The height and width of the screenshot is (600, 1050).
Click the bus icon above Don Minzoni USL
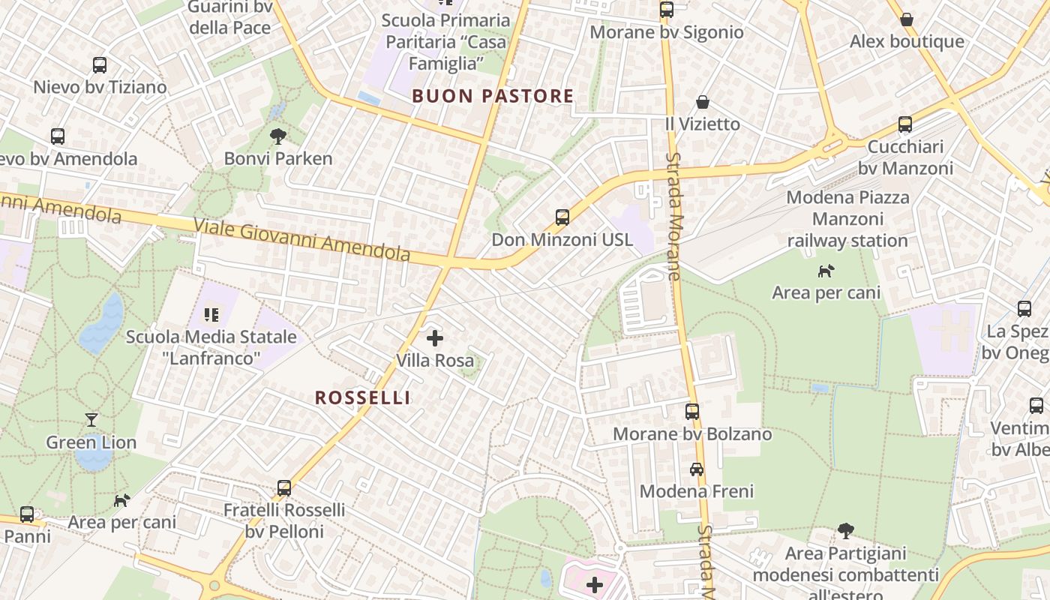pos(562,217)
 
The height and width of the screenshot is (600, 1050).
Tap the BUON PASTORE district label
pos(493,96)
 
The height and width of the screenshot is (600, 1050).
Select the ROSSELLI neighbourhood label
pos(362,397)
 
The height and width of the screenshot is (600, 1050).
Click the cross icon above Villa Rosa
pos(435,338)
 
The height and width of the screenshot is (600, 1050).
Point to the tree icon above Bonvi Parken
pos(278,136)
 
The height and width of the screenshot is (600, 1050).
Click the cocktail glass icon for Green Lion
pos(91,420)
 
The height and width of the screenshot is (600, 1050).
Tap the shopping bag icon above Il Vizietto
pos(703,102)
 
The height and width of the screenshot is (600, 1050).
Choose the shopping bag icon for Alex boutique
pos(907,19)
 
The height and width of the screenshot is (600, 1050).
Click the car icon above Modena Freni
pos(697,469)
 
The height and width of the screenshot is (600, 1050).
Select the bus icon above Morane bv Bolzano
pos(692,412)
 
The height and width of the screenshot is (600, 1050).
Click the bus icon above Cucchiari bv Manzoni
pos(905,124)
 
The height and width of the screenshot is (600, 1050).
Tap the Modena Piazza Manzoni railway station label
pos(847,219)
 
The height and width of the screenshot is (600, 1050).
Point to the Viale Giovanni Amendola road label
pos(302,240)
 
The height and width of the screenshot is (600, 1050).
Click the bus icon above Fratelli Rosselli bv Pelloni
pos(284,488)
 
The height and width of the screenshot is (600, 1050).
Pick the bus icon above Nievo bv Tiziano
pos(100,65)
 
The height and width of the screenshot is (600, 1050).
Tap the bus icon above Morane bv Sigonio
pos(667,10)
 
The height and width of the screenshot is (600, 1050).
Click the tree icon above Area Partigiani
pos(846,531)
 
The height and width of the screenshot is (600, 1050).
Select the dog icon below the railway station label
pos(826,271)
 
